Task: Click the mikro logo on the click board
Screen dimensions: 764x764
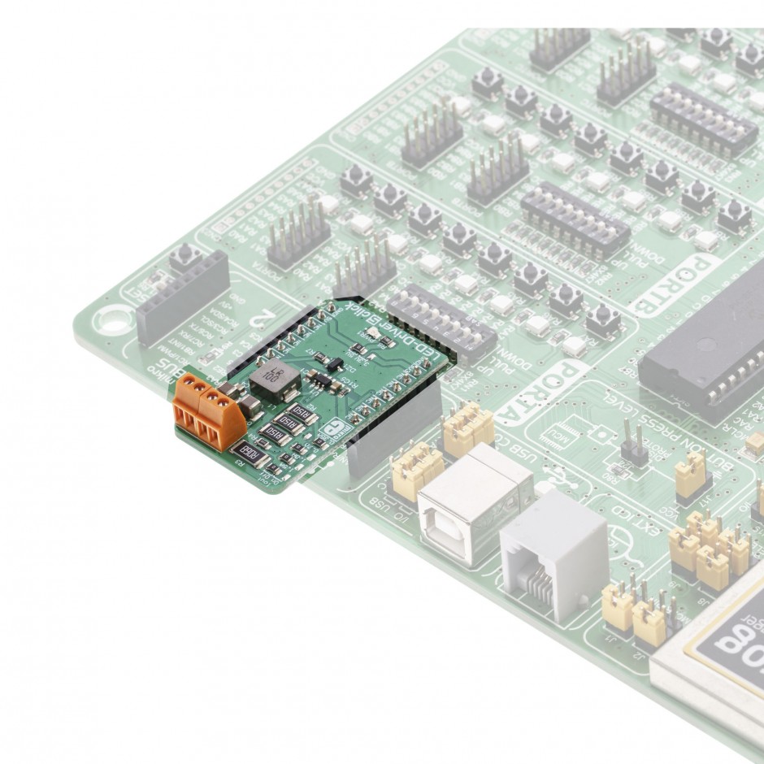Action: coord(332,432)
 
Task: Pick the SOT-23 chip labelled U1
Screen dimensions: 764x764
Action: coord(322,381)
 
